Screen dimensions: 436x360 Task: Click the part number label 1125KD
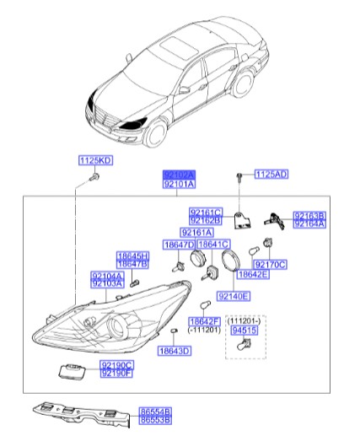click(x=95, y=160)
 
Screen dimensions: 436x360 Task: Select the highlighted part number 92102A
click(x=179, y=173)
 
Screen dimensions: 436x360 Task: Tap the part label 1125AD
click(x=271, y=175)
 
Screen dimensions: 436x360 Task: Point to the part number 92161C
click(x=205, y=213)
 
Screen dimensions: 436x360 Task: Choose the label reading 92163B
click(x=309, y=216)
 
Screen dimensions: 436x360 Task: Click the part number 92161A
click(x=197, y=232)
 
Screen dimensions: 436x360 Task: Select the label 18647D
click(x=179, y=245)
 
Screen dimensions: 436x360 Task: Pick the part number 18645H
click(x=132, y=256)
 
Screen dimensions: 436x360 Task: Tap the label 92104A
click(x=107, y=276)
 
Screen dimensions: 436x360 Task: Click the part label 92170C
click(x=271, y=264)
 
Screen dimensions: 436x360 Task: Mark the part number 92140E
click(x=234, y=297)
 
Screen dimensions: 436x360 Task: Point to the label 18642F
click(x=204, y=321)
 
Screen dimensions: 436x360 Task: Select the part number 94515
click(x=241, y=333)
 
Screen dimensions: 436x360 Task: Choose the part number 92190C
click(x=116, y=365)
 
